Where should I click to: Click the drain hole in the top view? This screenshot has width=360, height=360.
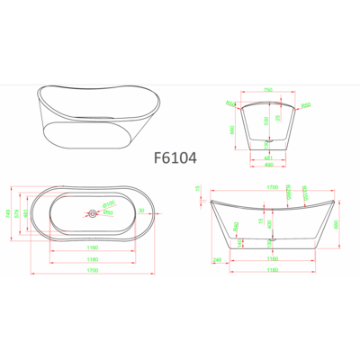pyautogui.click(x=92, y=213)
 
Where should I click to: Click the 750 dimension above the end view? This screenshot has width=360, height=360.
pyautogui.click(x=270, y=91)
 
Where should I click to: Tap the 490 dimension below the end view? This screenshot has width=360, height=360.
pyautogui.click(x=270, y=165)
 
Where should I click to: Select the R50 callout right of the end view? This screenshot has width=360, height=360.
pyautogui.click(x=307, y=105)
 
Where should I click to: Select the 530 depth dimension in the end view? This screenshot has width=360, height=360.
pyautogui.click(x=265, y=120)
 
